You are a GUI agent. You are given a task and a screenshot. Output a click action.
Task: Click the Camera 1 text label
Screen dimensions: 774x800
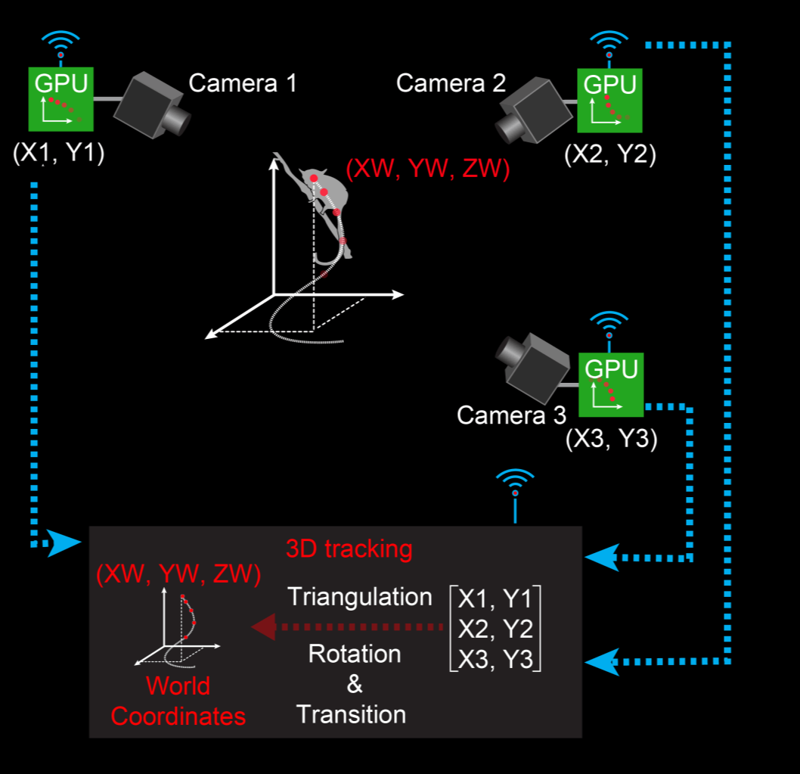click(243, 82)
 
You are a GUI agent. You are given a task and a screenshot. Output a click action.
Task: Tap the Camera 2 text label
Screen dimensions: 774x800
click(451, 82)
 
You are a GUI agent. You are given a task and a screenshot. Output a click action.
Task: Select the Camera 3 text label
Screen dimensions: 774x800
click(511, 415)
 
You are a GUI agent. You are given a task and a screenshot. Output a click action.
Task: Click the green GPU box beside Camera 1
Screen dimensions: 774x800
click(60, 99)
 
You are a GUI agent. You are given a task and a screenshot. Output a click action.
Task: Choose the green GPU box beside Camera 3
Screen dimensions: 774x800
click(611, 384)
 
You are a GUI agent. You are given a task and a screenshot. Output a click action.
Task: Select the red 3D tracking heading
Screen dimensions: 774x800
click(349, 549)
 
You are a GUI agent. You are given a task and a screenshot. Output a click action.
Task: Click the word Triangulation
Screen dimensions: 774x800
click(360, 597)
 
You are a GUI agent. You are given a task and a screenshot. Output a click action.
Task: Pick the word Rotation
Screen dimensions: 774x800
click(355, 653)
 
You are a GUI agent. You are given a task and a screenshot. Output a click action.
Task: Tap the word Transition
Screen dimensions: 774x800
click(351, 714)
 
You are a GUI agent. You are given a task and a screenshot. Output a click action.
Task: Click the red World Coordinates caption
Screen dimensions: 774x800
click(178, 701)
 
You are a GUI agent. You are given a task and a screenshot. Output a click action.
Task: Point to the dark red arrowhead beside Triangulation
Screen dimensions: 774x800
click(263, 627)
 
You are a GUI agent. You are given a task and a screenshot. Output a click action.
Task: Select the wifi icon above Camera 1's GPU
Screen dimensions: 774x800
click(60, 42)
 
